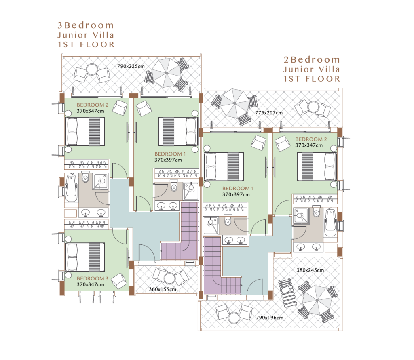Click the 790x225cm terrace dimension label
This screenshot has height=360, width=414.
point(131,66)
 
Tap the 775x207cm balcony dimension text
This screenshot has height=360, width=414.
point(269,113)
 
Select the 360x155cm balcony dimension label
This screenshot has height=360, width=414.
point(163,289)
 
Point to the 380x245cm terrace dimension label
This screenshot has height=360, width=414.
point(310,270)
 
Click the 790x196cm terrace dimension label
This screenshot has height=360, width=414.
point(270,318)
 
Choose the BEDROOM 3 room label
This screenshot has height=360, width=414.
point(93,278)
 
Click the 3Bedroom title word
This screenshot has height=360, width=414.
point(86,25)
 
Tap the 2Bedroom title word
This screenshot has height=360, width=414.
point(312,60)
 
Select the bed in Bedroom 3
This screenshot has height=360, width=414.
point(85,257)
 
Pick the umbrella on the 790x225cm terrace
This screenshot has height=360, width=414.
point(166,73)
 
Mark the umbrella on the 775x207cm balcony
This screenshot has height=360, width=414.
point(235,103)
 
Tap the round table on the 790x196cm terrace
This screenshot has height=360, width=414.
point(234,318)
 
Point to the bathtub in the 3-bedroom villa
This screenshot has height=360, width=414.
point(71,188)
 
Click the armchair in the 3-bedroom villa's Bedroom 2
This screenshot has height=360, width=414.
point(120,107)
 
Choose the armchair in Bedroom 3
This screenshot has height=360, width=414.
point(119,281)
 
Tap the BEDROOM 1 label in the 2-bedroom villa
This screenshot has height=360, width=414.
point(238,188)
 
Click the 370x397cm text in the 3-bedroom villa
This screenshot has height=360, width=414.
point(168,160)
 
